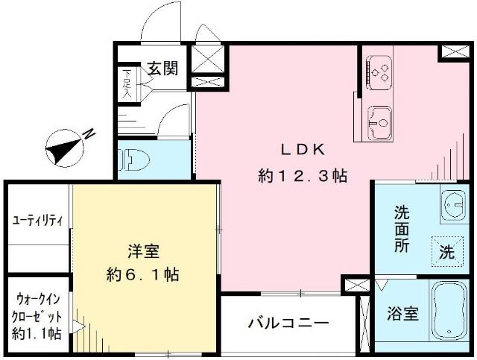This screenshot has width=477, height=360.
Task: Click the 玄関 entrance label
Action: [x=162, y=69]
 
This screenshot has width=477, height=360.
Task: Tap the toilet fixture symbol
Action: [x=134, y=160]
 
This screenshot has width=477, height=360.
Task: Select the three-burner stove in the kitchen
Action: [x=379, y=73]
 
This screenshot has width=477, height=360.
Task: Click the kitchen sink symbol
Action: [x=379, y=123]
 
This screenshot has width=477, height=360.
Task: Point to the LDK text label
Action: [x=303, y=150]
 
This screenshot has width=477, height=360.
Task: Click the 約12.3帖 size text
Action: [x=303, y=176]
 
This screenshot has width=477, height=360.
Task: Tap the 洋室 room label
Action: [x=144, y=251]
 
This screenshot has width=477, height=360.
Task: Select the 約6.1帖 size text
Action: [x=142, y=275]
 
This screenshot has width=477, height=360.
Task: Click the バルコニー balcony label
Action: [x=288, y=323]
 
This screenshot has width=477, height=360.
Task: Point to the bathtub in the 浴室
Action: [x=449, y=310]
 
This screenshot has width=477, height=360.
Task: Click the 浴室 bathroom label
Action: [x=403, y=313]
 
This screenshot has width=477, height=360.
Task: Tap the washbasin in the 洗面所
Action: [x=453, y=205]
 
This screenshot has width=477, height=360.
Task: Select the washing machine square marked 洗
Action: [x=447, y=251]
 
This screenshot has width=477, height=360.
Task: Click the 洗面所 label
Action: [x=402, y=229]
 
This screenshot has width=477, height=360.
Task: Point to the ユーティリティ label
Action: [x=37, y=221]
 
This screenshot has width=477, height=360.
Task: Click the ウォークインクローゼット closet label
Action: [x=37, y=308]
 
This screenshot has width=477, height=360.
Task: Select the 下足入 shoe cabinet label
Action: [x=127, y=83]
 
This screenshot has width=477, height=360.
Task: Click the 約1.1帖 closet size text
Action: [x=37, y=334]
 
